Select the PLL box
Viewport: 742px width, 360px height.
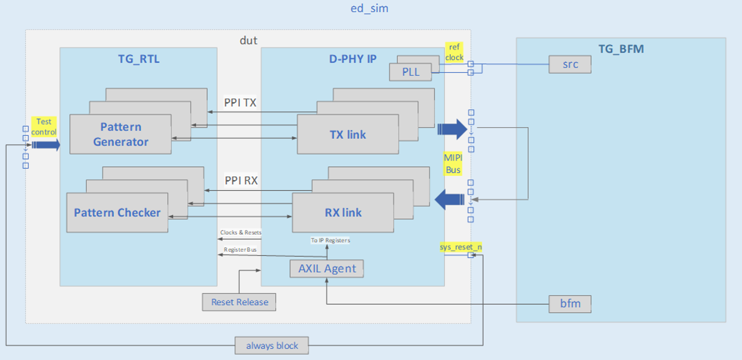click(410, 72)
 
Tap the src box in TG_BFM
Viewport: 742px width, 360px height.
click(570, 64)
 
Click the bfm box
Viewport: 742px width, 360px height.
click(570, 303)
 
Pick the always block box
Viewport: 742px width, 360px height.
click(272, 346)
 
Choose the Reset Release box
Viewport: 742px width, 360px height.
click(239, 302)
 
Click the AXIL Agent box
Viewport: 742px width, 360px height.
click(327, 268)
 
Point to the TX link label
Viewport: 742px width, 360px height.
click(348, 135)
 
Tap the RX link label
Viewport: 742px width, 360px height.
click(343, 213)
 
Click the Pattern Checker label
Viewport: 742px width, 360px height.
click(117, 213)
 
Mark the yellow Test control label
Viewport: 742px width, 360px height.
click(44, 127)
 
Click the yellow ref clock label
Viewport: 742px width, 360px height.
click(454, 52)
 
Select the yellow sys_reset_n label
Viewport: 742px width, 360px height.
click(461, 247)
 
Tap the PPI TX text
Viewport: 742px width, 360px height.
click(240, 103)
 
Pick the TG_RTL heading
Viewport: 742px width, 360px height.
click(138, 58)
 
